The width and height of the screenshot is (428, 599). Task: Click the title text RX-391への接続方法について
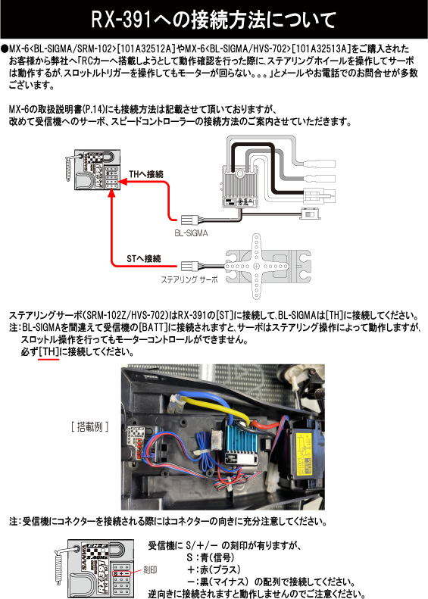[214, 17]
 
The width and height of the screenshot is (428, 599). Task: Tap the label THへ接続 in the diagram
[145, 174]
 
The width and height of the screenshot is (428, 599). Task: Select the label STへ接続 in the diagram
[143, 258]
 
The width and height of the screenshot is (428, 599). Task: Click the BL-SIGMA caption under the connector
[191, 234]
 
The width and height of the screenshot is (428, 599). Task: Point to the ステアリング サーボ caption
[189, 279]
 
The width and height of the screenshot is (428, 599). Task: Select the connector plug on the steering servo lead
[190, 266]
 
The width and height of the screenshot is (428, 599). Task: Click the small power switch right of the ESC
[310, 214]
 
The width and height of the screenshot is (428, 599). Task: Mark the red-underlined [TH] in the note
[48, 353]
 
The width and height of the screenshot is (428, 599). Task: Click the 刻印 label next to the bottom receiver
[149, 568]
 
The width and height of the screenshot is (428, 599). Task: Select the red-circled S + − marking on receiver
[120, 574]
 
